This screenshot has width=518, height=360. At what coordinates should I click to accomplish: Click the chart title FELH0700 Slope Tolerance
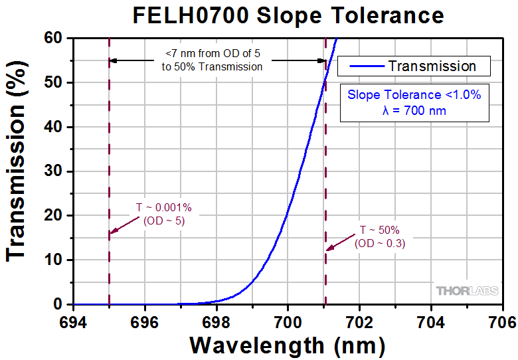287,15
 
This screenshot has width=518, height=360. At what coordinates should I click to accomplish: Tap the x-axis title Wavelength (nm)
287,345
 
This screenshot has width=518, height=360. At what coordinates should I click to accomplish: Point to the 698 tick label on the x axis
215,321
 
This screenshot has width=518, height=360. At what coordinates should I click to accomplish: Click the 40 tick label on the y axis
54,127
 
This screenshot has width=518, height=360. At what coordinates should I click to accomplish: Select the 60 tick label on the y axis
54,39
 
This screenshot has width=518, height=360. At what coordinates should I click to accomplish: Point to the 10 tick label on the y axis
54,260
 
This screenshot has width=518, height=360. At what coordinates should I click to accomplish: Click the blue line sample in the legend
364,66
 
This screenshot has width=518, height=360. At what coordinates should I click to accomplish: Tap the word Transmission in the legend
432,66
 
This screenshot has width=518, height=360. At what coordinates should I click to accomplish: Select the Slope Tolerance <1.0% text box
414,103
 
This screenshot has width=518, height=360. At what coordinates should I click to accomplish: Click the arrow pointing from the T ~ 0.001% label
124,225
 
